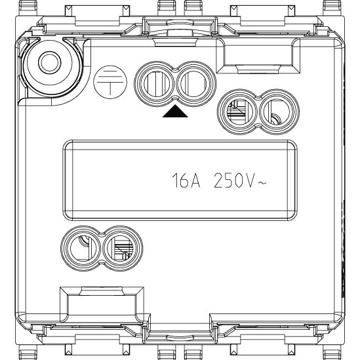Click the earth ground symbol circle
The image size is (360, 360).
coord(110,82)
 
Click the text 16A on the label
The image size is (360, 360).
coord(186,180)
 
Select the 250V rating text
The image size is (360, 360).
coord(234,180)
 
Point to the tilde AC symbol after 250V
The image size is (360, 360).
coord(262,183)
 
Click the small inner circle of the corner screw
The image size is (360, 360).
coord(50,62)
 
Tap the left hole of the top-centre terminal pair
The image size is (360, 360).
coord(156,84)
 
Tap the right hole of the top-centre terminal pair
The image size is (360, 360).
coord(193,84)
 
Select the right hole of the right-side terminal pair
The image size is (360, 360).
coord(277,112)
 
